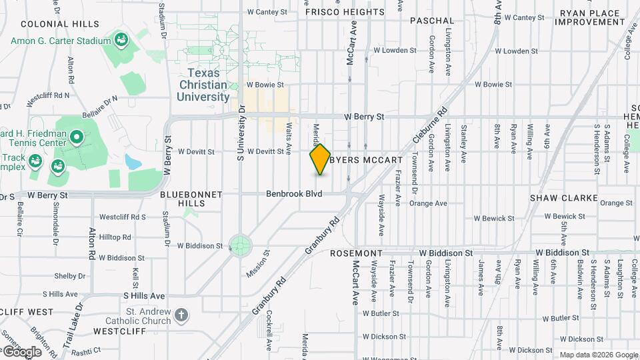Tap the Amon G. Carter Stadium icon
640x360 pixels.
(121, 40)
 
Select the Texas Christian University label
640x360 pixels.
(203, 85)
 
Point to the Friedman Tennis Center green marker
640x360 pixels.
(77, 139)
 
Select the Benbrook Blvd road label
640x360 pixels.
(294, 193)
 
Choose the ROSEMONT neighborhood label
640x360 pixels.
(357, 253)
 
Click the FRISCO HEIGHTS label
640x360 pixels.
(345, 12)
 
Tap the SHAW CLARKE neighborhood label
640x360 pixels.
(557, 198)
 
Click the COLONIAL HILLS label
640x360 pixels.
(51, 23)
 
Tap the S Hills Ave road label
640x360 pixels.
(144, 295)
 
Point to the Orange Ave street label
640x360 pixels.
(615, 203)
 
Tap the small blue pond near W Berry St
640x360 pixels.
(133, 162)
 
